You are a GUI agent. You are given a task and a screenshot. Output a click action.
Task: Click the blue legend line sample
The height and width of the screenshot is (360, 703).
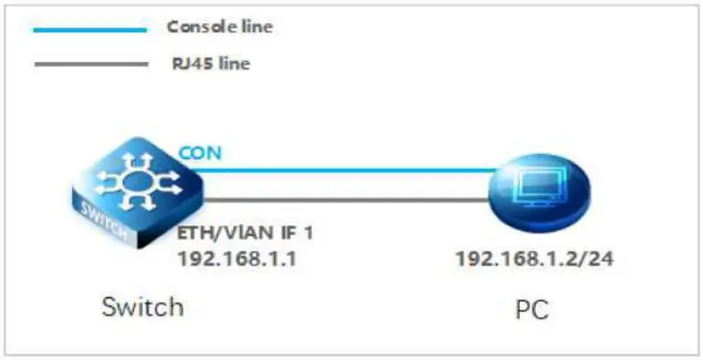[x=89, y=29]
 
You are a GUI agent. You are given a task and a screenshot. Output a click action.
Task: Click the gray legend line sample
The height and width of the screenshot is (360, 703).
[x=89, y=64]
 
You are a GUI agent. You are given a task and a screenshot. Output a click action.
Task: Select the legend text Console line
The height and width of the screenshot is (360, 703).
[x=220, y=27]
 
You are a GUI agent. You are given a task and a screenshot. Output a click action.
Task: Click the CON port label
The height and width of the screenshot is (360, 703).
[x=199, y=152]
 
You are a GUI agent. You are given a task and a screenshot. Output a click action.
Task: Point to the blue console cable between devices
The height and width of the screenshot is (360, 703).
[x=348, y=169]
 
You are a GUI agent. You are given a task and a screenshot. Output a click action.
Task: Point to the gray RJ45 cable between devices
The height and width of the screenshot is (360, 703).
[x=348, y=200]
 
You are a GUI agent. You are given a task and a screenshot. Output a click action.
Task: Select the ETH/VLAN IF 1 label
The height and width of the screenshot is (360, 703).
[x=245, y=233]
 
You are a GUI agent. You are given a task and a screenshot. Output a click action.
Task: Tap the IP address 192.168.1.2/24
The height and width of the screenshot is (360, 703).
[x=534, y=258]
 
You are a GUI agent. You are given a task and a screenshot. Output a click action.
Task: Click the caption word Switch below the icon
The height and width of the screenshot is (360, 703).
[x=143, y=305]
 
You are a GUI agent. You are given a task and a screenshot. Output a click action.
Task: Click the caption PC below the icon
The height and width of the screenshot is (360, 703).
[x=532, y=310]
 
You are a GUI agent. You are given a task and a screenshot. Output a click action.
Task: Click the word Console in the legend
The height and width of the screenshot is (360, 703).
[x=195, y=27]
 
